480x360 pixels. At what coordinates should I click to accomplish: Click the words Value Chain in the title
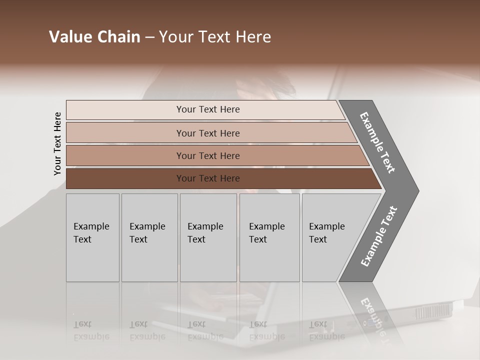click(x=94, y=37)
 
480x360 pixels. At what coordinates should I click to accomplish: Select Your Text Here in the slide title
click(x=215, y=37)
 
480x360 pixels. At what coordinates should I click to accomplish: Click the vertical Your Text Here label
click(x=57, y=143)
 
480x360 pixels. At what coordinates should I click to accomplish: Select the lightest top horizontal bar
click(x=207, y=109)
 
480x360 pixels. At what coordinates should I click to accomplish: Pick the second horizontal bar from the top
click(x=207, y=133)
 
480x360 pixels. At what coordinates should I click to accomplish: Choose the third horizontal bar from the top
click(x=207, y=155)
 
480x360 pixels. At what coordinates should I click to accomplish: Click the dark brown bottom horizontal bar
click(x=207, y=178)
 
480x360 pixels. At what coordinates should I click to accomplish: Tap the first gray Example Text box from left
click(x=92, y=237)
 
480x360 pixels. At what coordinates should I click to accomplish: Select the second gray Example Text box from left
click(x=149, y=237)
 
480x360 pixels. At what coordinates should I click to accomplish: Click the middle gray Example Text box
click(x=207, y=237)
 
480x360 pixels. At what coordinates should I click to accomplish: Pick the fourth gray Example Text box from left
click(x=269, y=237)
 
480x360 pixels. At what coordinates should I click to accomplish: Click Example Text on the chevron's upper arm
click(x=378, y=142)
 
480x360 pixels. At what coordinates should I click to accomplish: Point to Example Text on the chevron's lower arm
click(x=378, y=236)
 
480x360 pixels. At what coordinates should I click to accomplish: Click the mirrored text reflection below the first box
click(x=91, y=330)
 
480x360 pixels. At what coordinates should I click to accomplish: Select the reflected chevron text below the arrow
click(x=374, y=315)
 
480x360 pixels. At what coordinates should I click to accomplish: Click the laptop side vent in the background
click(x=433, y=311)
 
